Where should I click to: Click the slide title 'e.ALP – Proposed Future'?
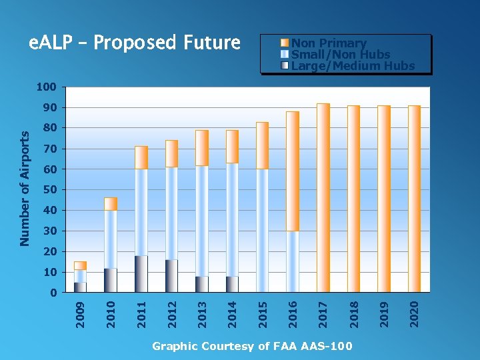click(x=134, y=43)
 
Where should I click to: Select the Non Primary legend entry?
click(x=329, y=43)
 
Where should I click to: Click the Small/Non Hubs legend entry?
click(x=340, y=55)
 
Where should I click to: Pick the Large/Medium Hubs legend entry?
click(x=353, y=66)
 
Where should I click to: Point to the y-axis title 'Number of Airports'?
click(x=25, y=187)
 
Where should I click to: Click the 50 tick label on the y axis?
click(x=49, y=190)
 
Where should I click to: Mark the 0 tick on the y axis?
click(x=53, y=293)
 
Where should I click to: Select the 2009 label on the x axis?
click(x=80, y=313)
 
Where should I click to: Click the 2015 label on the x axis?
click(x=262, y=313)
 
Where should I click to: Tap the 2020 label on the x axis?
click(x=414, y=313)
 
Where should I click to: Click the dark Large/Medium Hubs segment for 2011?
click(x=141, y=274)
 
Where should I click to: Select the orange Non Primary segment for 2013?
click(x=202, y=147)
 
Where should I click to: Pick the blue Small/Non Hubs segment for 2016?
click(x=293, y=261)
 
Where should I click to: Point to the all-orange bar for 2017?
click(x=323, y=198)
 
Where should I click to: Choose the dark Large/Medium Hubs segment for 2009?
click(x=80, y=287)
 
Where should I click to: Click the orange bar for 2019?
click(x=384, y=199)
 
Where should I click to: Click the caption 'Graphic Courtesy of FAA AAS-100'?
click(x=252, y=346)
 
